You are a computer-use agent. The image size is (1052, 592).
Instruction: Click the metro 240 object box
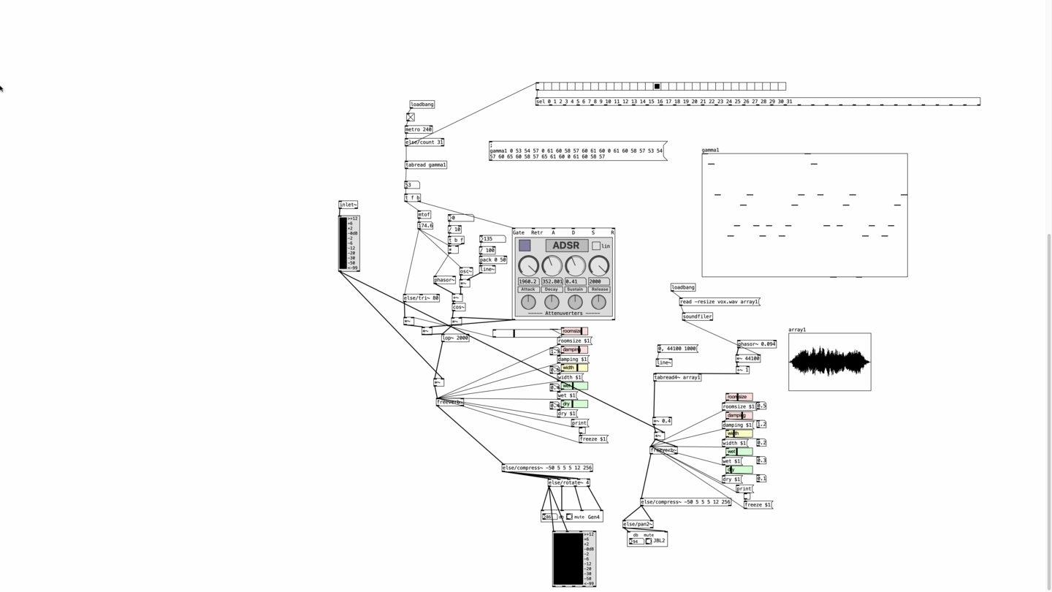[419, 129]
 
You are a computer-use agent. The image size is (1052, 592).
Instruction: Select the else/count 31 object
[424, 143]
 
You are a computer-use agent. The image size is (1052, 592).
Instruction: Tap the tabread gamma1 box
[426, 165]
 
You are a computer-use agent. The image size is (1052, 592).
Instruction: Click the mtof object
[424, 215]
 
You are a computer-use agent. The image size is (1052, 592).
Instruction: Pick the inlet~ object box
[348, 205]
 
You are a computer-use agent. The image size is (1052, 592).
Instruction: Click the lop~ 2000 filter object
[455, 338]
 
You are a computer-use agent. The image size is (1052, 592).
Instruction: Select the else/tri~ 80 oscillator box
[422, 298]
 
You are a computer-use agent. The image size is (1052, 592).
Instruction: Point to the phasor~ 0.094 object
[757, 344]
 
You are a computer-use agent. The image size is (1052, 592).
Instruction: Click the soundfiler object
[697, 316]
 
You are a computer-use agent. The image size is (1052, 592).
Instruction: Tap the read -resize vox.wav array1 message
[719, 302]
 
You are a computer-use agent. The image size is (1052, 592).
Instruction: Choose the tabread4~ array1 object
[677, 378]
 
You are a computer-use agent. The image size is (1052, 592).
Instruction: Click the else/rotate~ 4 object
[568, 482]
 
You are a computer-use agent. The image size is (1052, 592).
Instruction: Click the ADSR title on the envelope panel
[566, 246]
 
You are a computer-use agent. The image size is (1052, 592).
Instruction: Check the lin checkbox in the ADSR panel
[596, 246]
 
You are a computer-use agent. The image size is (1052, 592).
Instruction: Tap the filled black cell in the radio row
[657, 86]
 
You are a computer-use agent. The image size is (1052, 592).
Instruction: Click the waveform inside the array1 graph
[829, 361]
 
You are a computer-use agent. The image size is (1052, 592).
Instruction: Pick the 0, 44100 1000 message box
[677, 349]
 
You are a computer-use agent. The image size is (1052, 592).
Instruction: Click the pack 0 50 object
[493, 259]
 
